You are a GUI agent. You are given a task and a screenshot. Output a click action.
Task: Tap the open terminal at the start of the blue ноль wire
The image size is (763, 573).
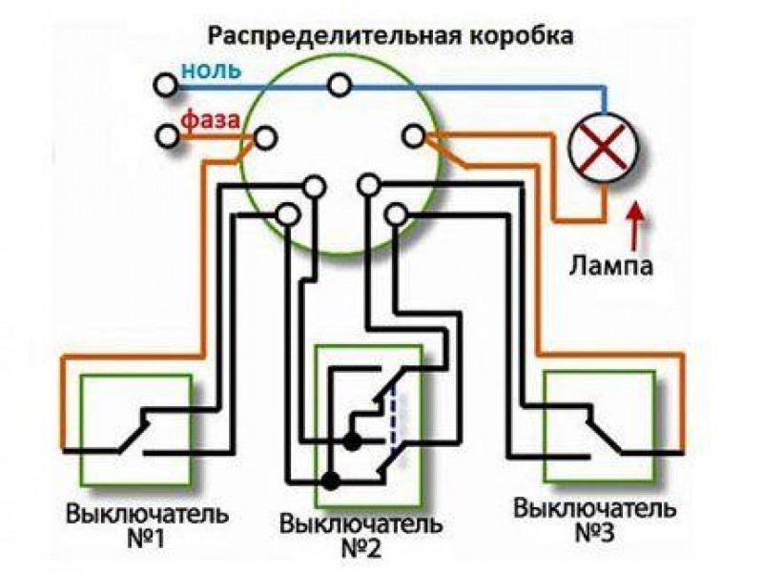tap(167, 86)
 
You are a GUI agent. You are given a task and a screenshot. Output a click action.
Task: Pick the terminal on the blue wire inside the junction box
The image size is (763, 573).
tap(337, 86)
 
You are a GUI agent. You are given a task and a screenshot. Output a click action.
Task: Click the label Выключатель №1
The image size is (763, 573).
tap(147, 526)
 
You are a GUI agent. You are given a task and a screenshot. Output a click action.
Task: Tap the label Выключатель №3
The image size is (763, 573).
tap(594, 520)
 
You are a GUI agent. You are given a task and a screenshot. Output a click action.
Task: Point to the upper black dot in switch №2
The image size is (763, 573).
tap(353, 441)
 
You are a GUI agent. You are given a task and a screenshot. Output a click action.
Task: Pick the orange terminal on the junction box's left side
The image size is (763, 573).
tap(265, 138)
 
